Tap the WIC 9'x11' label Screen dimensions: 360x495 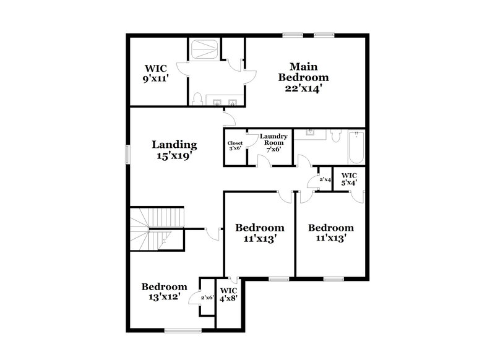[x=157, y=74]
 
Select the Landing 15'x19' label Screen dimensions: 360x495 [x=174, y=150]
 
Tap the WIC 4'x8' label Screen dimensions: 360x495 [x=228, y=294]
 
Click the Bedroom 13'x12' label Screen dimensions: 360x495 [x=164, y=292]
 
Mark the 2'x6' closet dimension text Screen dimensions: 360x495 [x=206, y=298]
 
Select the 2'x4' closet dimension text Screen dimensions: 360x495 [x=325, y=180]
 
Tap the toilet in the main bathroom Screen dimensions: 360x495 [x=197, y=99]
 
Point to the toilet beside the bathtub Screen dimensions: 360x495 [x=336, y=135]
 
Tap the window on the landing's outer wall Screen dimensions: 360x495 [x=128, y=155]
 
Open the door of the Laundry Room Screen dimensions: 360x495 [x=264, y=161]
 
